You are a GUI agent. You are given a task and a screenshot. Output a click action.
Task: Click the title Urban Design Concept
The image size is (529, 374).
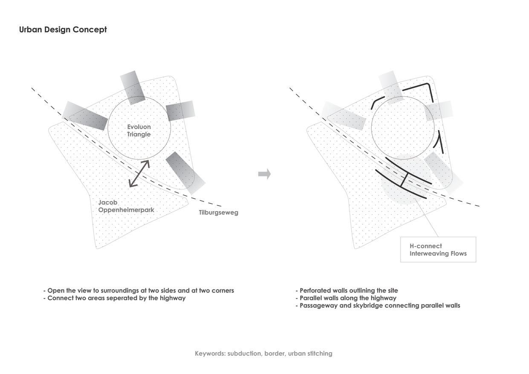63,30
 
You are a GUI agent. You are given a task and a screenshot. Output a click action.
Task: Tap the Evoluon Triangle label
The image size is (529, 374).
139,130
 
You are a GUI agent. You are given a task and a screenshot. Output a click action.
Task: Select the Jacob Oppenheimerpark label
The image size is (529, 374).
126,206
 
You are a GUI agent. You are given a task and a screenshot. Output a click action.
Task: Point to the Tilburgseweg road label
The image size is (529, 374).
218,212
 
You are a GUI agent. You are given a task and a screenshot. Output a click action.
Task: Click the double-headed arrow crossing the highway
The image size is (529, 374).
139,174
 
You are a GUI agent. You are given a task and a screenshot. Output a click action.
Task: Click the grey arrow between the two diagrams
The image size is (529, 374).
265,174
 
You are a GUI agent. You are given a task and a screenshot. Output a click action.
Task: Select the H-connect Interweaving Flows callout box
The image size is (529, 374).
438,249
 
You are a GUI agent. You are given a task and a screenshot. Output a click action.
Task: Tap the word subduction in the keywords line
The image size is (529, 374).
244,354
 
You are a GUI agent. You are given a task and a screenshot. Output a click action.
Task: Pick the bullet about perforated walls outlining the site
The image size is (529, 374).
347,290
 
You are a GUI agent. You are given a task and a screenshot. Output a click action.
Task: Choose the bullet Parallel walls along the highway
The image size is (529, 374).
346,298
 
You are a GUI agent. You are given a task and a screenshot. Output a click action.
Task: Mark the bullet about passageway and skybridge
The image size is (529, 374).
378,305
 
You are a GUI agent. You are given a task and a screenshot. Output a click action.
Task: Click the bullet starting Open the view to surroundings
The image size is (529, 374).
139,290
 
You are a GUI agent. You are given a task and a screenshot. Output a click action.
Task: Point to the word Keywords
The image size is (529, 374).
210,354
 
